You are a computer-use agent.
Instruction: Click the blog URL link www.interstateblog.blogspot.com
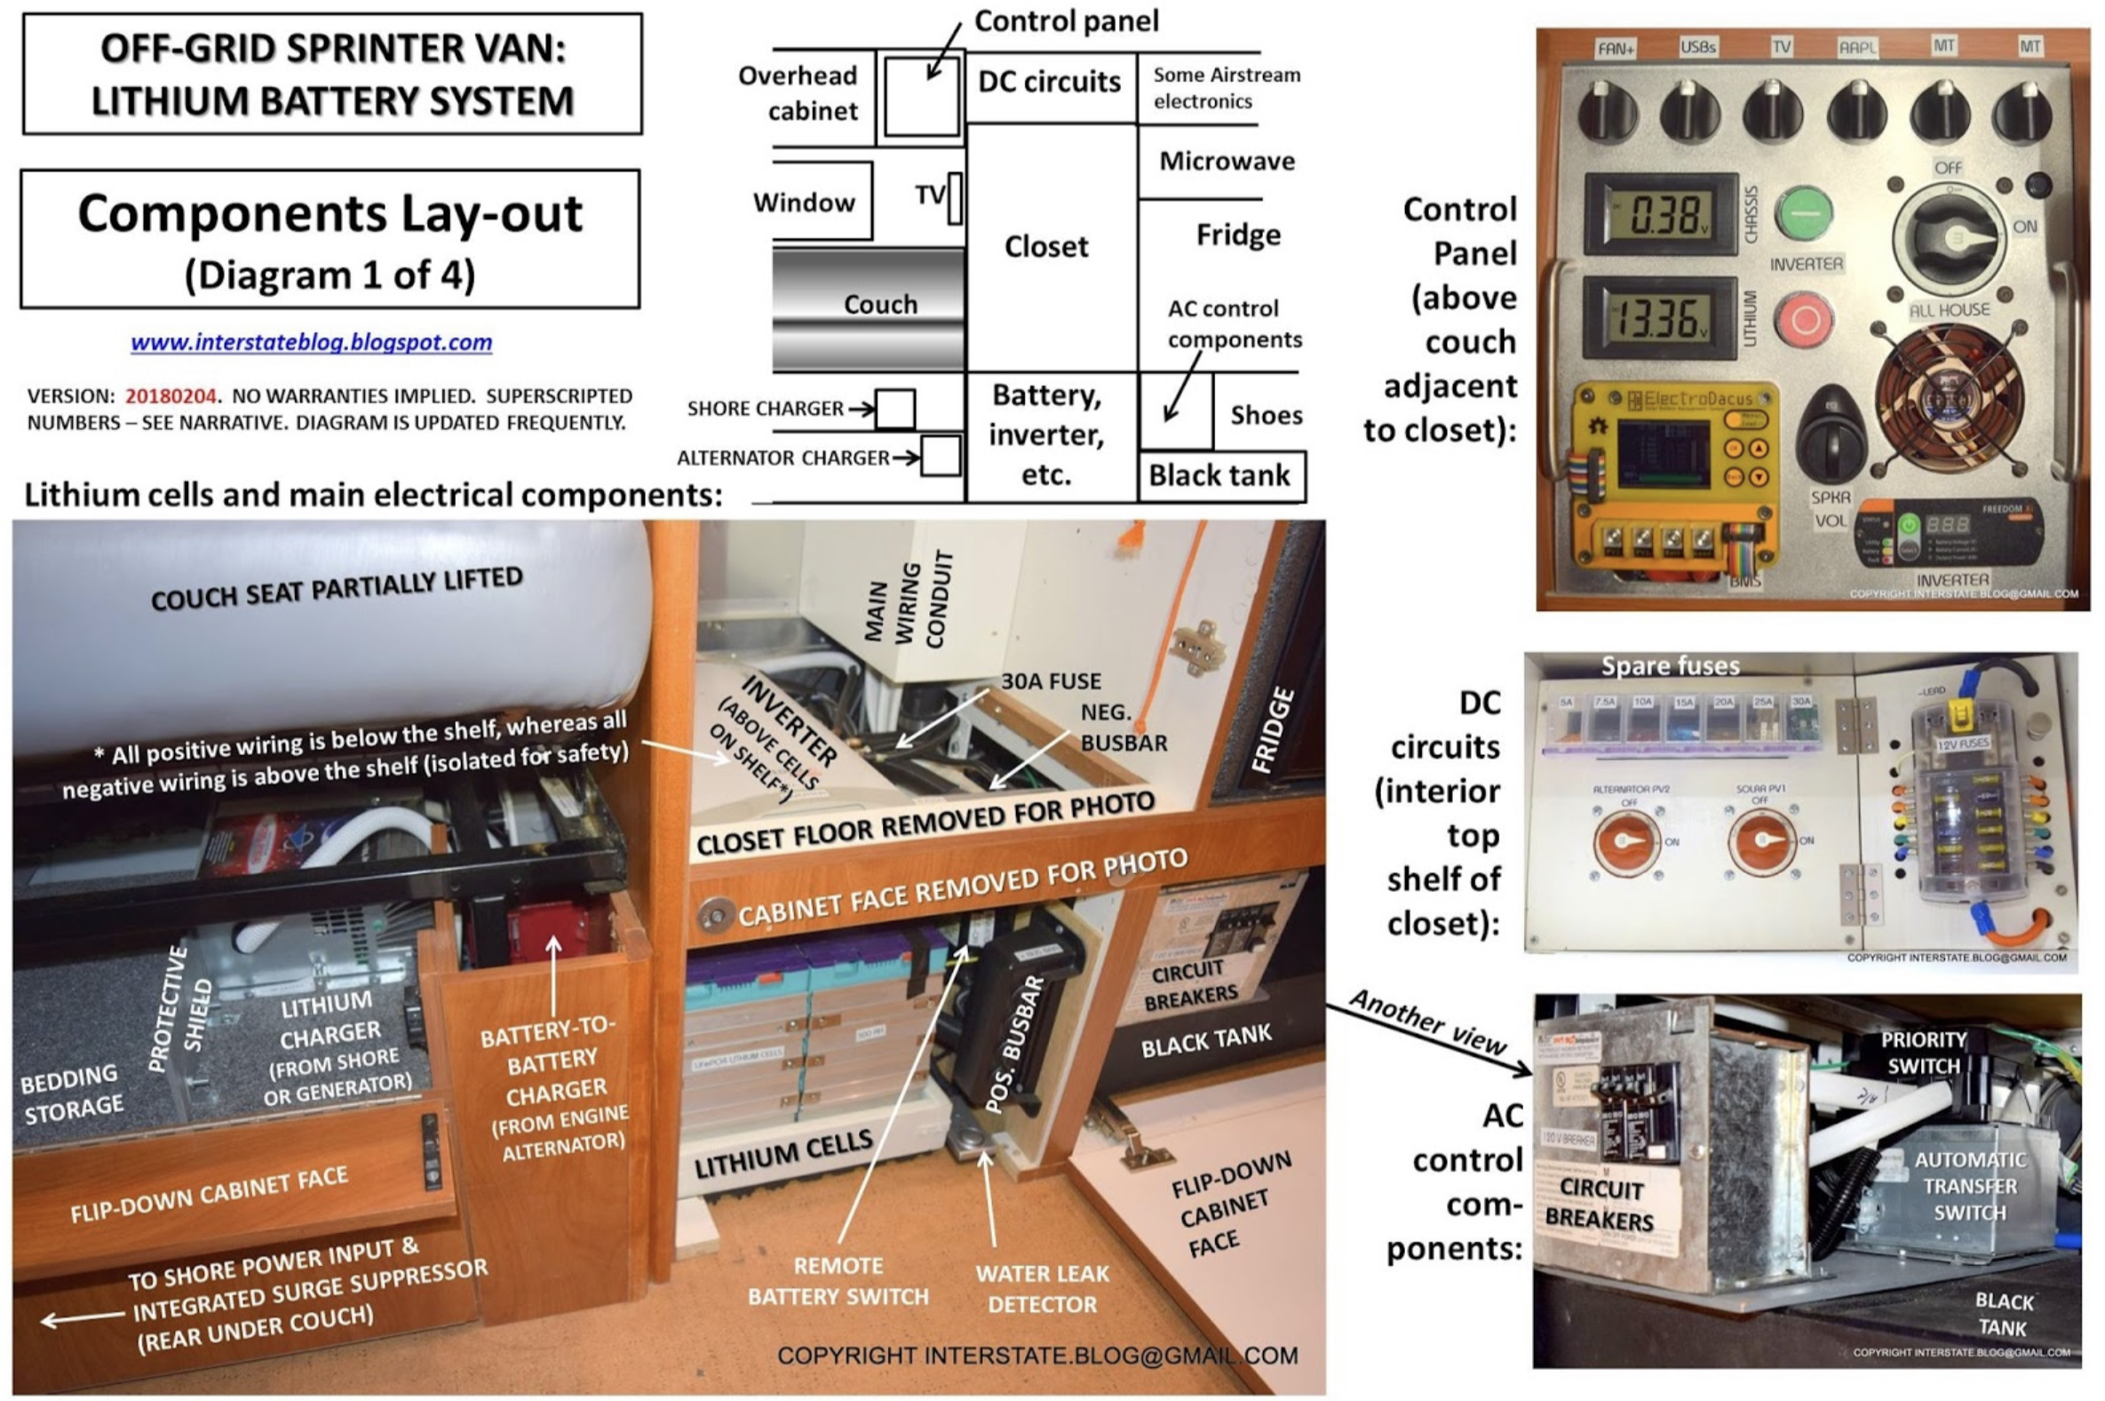tap(311, 342)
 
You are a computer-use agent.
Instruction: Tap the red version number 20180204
tap(170, 396)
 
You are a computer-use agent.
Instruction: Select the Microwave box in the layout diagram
tap(1227, 162)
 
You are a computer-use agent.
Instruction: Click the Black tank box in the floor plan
tap(1220, 476)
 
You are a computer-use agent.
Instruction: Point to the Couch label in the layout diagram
tap(880, 305)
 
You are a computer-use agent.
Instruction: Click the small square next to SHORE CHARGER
tap(895, 410)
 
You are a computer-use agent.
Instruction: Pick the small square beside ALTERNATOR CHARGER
tap(941, 457)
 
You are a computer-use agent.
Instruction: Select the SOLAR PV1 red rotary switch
tap(1762, 840)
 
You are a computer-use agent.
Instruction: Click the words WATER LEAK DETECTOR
tap(1042, 1289)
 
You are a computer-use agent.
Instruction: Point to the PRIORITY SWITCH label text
tap(1923, 1053)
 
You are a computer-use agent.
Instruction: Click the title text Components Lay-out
tap(330, 214)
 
